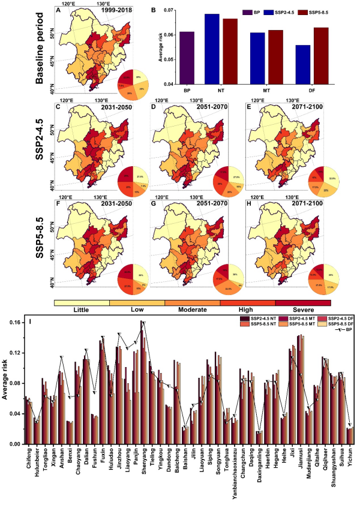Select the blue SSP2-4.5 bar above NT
(x=212, y=49)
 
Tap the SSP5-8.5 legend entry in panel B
(x=317, y=11)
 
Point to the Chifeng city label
(x=26, y=460)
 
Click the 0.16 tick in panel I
(x=15, y=322)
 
